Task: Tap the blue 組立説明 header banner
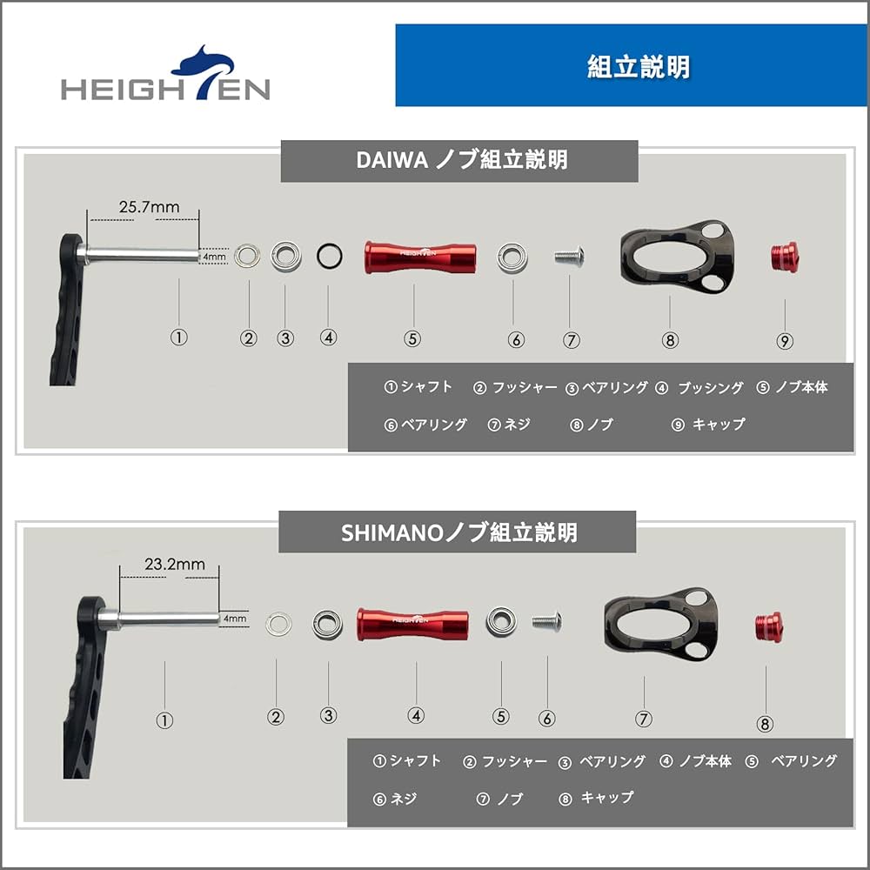(x=631, y=66)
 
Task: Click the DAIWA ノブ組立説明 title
(x=459, y=161)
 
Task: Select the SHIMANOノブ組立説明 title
(x=458, y=532)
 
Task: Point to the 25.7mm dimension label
(x=149, y=207)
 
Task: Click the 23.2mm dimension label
(x=175, y=564)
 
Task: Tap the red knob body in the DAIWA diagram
(x=420, y=257)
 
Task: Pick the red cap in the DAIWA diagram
(x=785, y=256)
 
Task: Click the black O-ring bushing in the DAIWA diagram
(x=329, y=256)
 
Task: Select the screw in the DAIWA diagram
(x=568, y=256)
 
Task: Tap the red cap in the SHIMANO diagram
(x=766, y=625)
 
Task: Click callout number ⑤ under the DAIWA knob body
(x=412, y=339)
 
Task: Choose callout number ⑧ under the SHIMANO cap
(x=766, y=723)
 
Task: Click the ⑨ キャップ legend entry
(x=708, y=425)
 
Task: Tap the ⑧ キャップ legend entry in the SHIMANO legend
(x=597, y=798)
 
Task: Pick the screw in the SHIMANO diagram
(x=545, y=619)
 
